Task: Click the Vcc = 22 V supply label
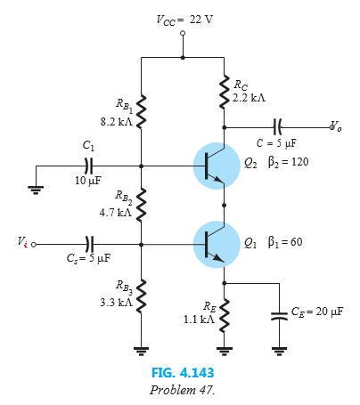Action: tap(183, 20)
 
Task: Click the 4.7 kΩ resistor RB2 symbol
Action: tap(141, 203)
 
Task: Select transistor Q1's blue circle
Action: tap(216, 242)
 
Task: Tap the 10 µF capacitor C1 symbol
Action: tap(87, 165)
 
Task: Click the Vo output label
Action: tap(335, 126)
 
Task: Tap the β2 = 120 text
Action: tap(284, 164)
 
